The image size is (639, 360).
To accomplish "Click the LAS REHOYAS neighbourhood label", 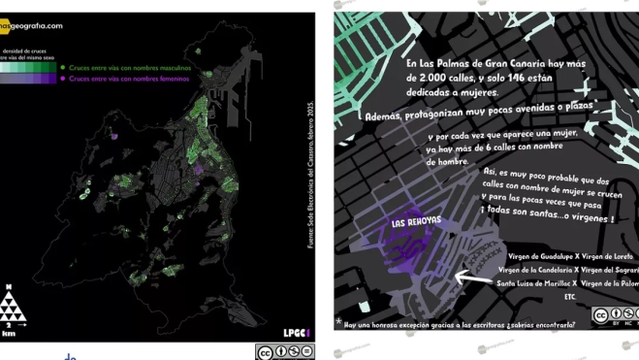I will click(x=416, y=222).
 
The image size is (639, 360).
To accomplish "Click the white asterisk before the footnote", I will click(x=339, y=320).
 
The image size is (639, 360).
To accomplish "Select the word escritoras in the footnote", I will click(x=487, y=325).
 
